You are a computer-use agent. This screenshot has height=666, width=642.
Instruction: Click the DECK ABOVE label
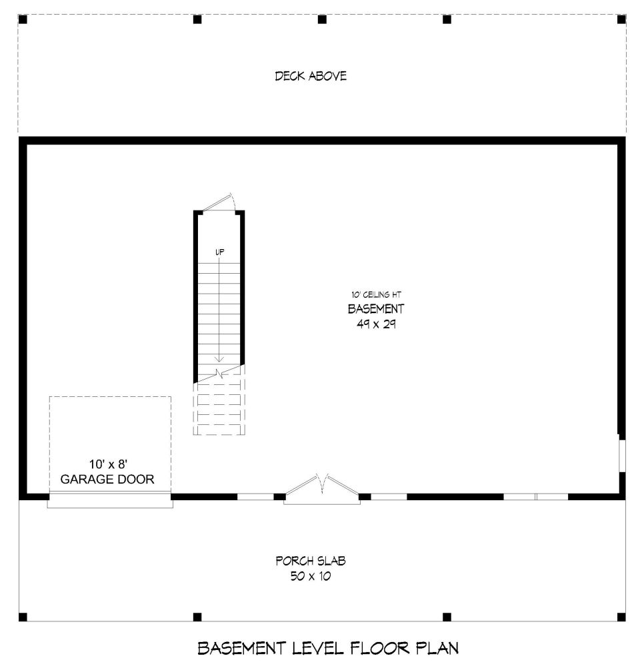pos(311,76)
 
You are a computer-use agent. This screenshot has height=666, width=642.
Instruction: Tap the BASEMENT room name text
pos(376,309)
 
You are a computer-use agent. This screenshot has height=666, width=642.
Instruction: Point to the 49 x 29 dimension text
pos(376,324)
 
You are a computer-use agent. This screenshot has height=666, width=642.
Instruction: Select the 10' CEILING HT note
pos(376,294)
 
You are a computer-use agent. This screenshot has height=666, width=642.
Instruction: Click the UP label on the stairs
pos(219,252)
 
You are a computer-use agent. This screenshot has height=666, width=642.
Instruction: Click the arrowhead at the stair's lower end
pos(219,360)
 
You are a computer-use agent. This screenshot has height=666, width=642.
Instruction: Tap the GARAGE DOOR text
pos(107,479)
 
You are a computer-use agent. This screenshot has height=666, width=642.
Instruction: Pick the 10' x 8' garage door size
pos(109,464)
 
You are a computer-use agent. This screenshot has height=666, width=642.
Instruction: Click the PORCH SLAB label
pos(311,561)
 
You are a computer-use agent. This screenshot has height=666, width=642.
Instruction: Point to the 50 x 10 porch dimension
pos(311,576)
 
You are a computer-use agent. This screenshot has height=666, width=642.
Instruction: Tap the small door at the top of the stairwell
pos(219,202)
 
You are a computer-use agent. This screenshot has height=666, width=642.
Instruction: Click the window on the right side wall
pos(622,456)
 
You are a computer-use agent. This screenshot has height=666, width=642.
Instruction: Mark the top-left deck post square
pos(23,19)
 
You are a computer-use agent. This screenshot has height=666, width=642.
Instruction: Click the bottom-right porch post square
pos(621,617)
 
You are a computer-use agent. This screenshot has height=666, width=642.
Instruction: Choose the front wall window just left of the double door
pos(255,497)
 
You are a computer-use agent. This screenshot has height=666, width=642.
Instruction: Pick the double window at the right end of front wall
pos(536,497)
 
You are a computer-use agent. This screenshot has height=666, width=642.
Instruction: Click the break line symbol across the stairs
pos(219,374)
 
